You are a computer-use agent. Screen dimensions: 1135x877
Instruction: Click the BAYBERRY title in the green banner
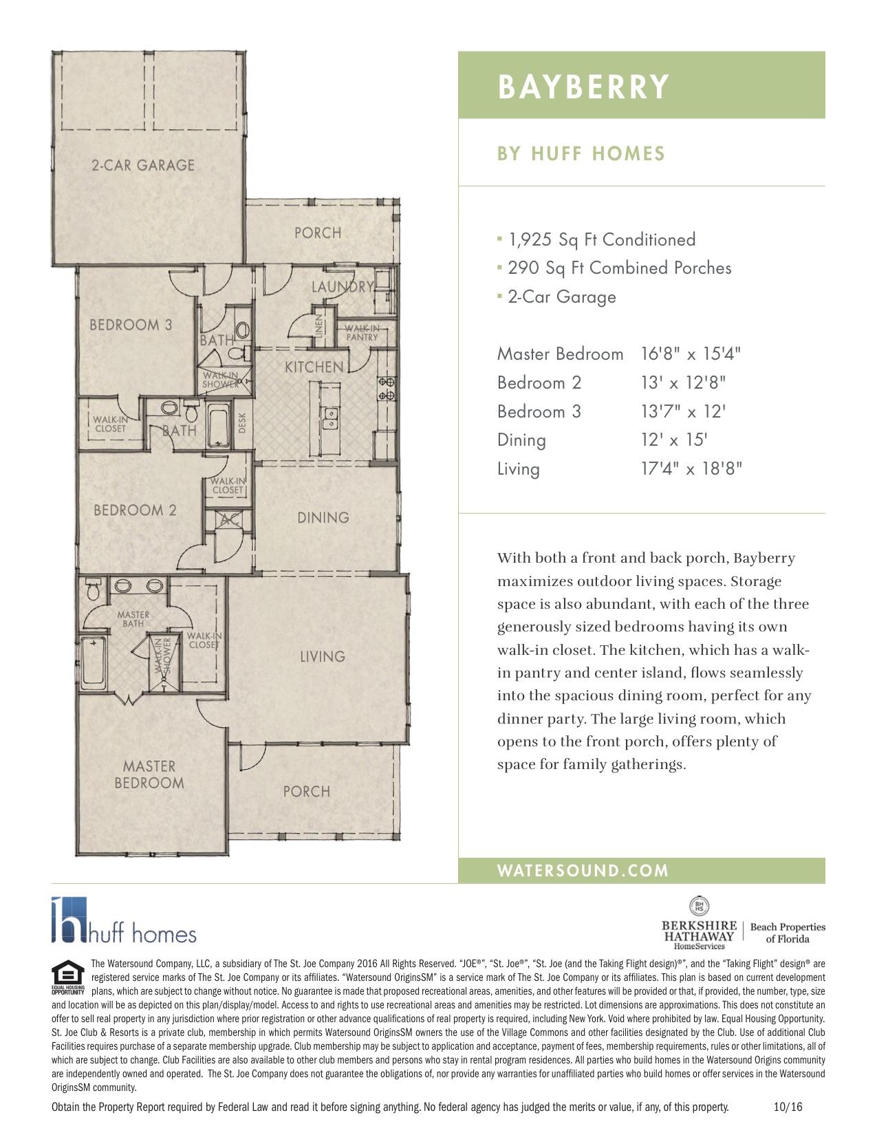[583, 87]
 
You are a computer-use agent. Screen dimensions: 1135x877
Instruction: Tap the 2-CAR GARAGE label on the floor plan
[143, 165]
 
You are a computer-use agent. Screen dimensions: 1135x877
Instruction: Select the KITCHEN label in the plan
[314, 367]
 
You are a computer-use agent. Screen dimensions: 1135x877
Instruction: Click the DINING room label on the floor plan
[323, 517]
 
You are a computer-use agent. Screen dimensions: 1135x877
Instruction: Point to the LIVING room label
[322, 656]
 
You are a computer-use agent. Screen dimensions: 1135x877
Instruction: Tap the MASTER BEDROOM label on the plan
[149, 775]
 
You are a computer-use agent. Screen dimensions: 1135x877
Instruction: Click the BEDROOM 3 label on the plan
[131, 325]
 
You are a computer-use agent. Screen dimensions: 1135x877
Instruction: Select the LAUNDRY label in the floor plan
[342, 287]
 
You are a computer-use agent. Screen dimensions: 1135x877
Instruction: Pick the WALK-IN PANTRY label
[362, 333]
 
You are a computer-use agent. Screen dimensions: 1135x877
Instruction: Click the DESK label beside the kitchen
[242, 422]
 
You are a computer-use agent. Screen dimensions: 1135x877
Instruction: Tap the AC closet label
[229, 521]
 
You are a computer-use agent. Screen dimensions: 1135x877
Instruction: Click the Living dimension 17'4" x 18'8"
[691, 469]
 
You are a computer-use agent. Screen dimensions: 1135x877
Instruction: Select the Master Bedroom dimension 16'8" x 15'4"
[691, 354]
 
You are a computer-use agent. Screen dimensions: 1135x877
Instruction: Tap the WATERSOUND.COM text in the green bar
[583, 871]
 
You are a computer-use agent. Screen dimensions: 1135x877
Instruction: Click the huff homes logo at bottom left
[124, 922]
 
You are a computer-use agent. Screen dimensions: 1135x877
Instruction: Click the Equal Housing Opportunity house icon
[67, 975]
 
